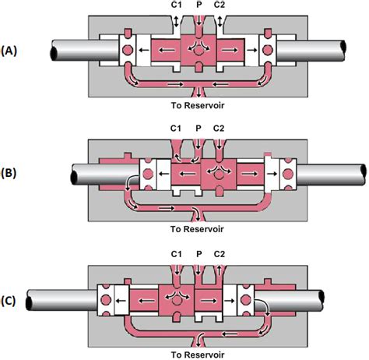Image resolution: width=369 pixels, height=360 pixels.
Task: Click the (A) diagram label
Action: pyautogui.click(x=9, y=51)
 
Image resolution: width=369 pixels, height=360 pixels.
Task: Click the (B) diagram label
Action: pyautogui.click(x=9, y=173)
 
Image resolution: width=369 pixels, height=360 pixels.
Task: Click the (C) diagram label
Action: pyautogui.click(x=9, y=301)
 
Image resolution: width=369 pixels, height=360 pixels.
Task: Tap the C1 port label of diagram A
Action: pyautogui.click(x=176, y=5)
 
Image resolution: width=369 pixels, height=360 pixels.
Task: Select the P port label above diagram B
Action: pyautogui.click(x=199, y=128)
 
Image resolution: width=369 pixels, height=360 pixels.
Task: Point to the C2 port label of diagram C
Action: pyautogui.click(x=220, y=254)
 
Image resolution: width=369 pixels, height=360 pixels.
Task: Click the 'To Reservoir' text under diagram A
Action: pyautogui.click(x=198, y=105)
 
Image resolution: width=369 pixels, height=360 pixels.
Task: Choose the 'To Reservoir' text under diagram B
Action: pyautogui.click(x=197, y=229)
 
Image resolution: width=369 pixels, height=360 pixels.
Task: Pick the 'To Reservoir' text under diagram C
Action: pyautogui.click(x=198, y=355)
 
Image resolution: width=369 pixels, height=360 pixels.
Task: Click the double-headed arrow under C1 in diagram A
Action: pyautogui.click(x=176, y=21)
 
